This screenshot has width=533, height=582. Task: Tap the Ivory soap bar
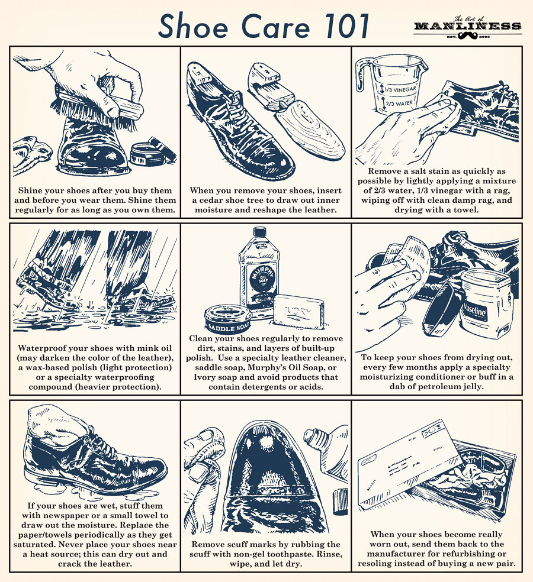298,311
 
